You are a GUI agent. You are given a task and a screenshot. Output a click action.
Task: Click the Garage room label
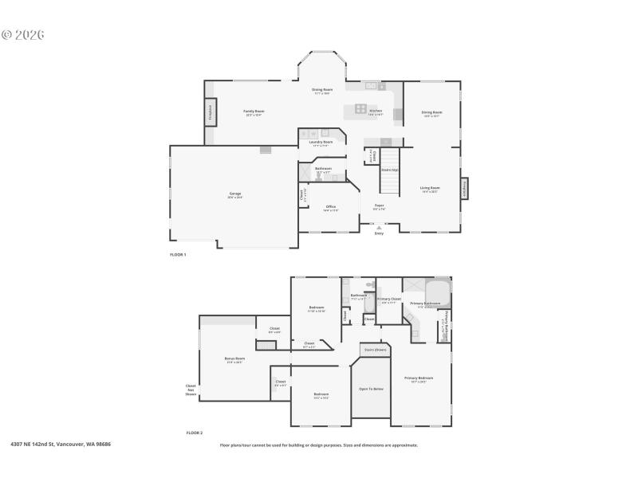[x=235, y=194]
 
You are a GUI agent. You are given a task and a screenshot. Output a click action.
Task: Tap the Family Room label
[x=254, y=112]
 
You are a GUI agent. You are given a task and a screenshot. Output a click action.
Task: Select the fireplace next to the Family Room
[x=211, y=112]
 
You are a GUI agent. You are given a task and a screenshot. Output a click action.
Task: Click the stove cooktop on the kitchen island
[x=360, y=109]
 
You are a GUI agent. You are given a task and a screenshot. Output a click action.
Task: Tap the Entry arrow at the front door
[x=379, y=228]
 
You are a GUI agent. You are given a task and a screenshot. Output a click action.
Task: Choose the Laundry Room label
[x=322, y=143]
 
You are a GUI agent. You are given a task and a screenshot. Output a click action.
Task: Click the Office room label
[x=330, y=208]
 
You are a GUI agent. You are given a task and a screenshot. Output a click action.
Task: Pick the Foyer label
[x=379, y=206]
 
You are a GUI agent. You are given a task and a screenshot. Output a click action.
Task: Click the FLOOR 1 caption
[x=178, y=254]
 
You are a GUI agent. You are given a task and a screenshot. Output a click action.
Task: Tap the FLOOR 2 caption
[x=195, y=433]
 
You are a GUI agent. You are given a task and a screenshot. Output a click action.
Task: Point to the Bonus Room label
[x=234, y=359]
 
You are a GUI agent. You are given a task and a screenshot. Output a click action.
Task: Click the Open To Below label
[x=372, y=389]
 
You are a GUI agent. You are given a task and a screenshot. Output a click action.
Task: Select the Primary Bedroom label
[x=419, y=378]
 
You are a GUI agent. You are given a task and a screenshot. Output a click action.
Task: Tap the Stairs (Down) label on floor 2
[x=375, y=349]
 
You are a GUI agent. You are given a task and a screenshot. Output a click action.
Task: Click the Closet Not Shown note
[x=191, y=390]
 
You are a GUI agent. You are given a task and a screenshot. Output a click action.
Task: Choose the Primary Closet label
[x=389, y=300]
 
